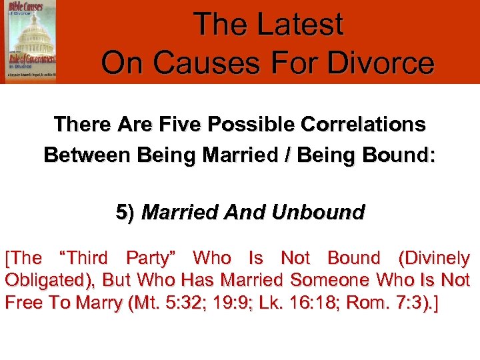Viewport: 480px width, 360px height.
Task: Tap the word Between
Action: coord(87,156)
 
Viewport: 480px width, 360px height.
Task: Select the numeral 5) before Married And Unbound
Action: coord(125,213)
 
